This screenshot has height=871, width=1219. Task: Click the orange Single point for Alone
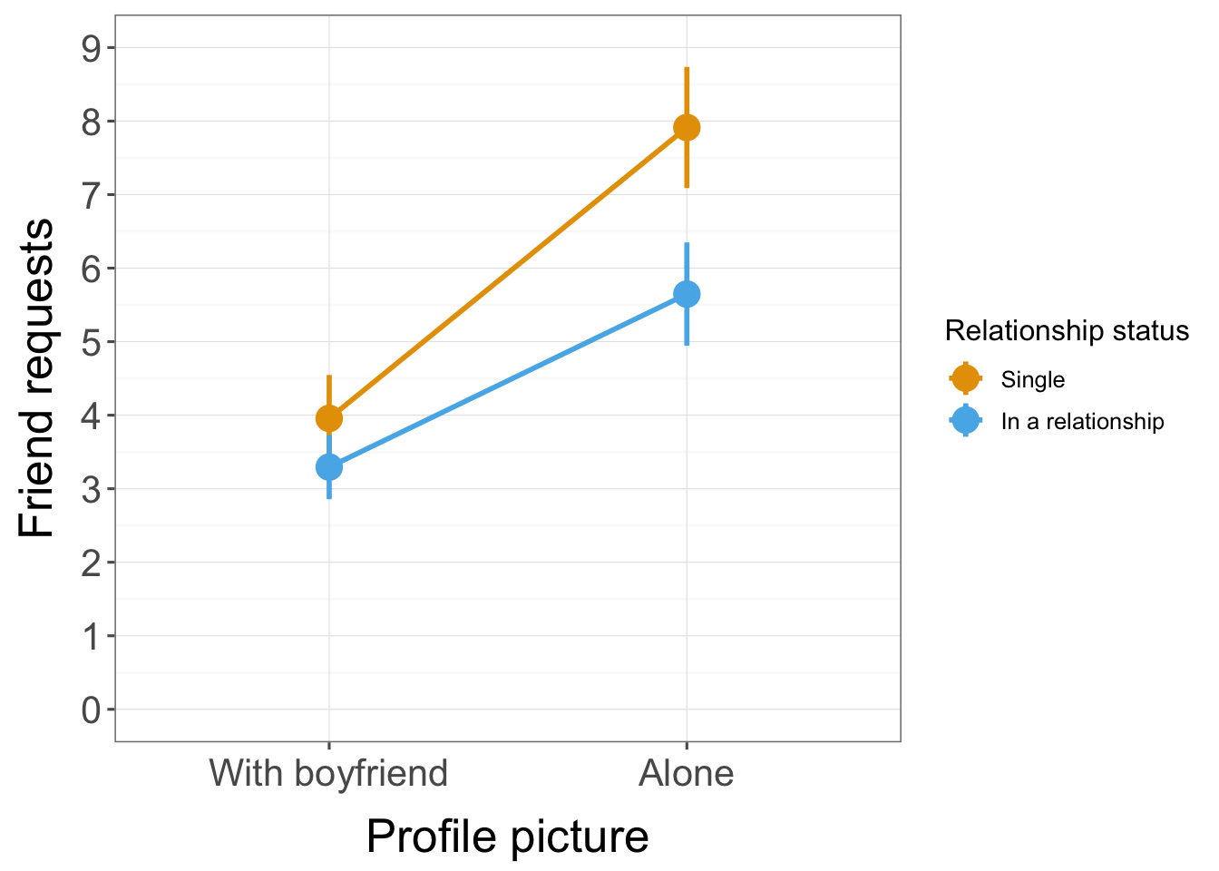687,128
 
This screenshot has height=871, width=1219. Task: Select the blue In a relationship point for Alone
687,294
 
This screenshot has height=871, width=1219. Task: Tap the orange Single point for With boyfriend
329,418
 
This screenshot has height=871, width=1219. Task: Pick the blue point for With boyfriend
329,467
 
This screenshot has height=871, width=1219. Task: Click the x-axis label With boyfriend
328,774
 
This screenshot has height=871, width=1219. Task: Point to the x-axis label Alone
687,774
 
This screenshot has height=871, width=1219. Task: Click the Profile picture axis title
507,836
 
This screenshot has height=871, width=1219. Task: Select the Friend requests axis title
37,378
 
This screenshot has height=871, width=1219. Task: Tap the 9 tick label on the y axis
92,48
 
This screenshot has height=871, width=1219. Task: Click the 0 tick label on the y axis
92,710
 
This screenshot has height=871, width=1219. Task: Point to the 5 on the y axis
92,342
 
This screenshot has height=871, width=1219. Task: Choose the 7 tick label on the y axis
92,195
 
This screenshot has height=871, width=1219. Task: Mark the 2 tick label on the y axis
92,563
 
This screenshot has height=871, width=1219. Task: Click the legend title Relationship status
1067,331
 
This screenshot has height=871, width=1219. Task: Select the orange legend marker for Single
966,378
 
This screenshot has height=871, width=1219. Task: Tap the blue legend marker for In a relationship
966,421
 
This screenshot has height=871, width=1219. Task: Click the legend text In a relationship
1082,422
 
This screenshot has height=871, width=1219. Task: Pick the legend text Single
1032,379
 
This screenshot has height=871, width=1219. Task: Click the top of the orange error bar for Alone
687,69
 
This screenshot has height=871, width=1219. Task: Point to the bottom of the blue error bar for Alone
687,343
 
